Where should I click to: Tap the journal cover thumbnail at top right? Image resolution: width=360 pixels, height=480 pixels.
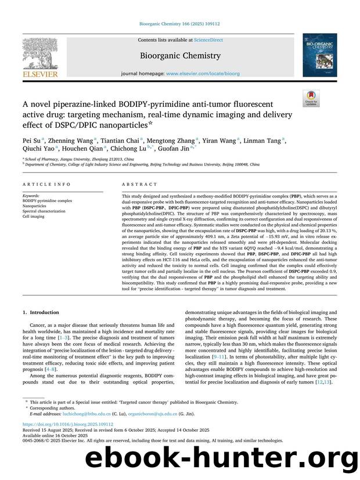[319, 55]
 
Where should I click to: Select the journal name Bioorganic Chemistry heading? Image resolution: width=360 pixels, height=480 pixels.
[180, 56]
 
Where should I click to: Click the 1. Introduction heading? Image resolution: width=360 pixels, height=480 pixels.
[39, 313]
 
